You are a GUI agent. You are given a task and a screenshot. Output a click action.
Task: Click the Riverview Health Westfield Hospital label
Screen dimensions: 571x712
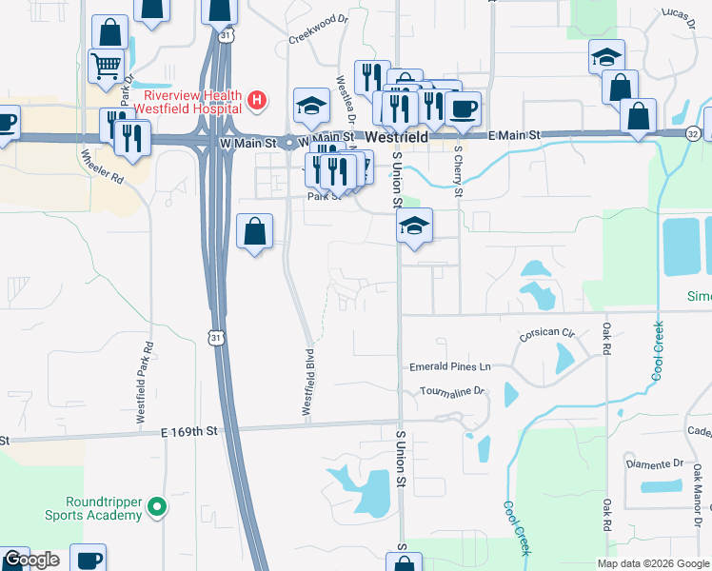(x=192, y=102)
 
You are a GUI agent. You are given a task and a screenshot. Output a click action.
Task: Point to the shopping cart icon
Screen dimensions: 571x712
(x=106, y=65)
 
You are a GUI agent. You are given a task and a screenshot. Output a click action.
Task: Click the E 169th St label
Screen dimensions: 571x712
(x=189, y=431)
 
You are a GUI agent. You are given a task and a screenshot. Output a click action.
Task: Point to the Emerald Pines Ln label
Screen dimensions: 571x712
(x=449, y=365)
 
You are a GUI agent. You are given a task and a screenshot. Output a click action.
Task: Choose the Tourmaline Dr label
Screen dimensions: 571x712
(x=452, y=390)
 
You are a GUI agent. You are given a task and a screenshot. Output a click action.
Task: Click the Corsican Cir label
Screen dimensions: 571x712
(x=547, y=334)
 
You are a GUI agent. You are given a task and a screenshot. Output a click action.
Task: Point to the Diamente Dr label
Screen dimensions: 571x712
(x=656, y=463)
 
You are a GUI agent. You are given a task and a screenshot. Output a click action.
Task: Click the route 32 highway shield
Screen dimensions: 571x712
(x=692, y=133)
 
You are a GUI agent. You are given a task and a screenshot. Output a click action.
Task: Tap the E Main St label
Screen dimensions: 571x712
(x=514, y=136)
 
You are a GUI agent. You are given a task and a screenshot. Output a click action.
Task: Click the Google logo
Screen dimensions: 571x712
(x=31, y=560)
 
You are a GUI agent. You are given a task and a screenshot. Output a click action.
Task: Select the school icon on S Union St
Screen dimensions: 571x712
(x=414, y=226)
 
